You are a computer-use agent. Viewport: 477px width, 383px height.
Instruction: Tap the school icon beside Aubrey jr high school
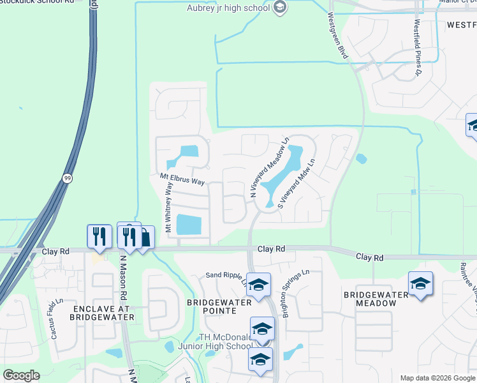point(279,8)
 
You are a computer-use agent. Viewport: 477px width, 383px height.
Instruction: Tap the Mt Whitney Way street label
point(169,207)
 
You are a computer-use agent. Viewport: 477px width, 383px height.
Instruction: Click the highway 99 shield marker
point(67,179)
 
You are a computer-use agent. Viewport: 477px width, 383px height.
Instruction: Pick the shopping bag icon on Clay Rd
point(145,239)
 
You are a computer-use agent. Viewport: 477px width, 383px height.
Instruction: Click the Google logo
point(21,375)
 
